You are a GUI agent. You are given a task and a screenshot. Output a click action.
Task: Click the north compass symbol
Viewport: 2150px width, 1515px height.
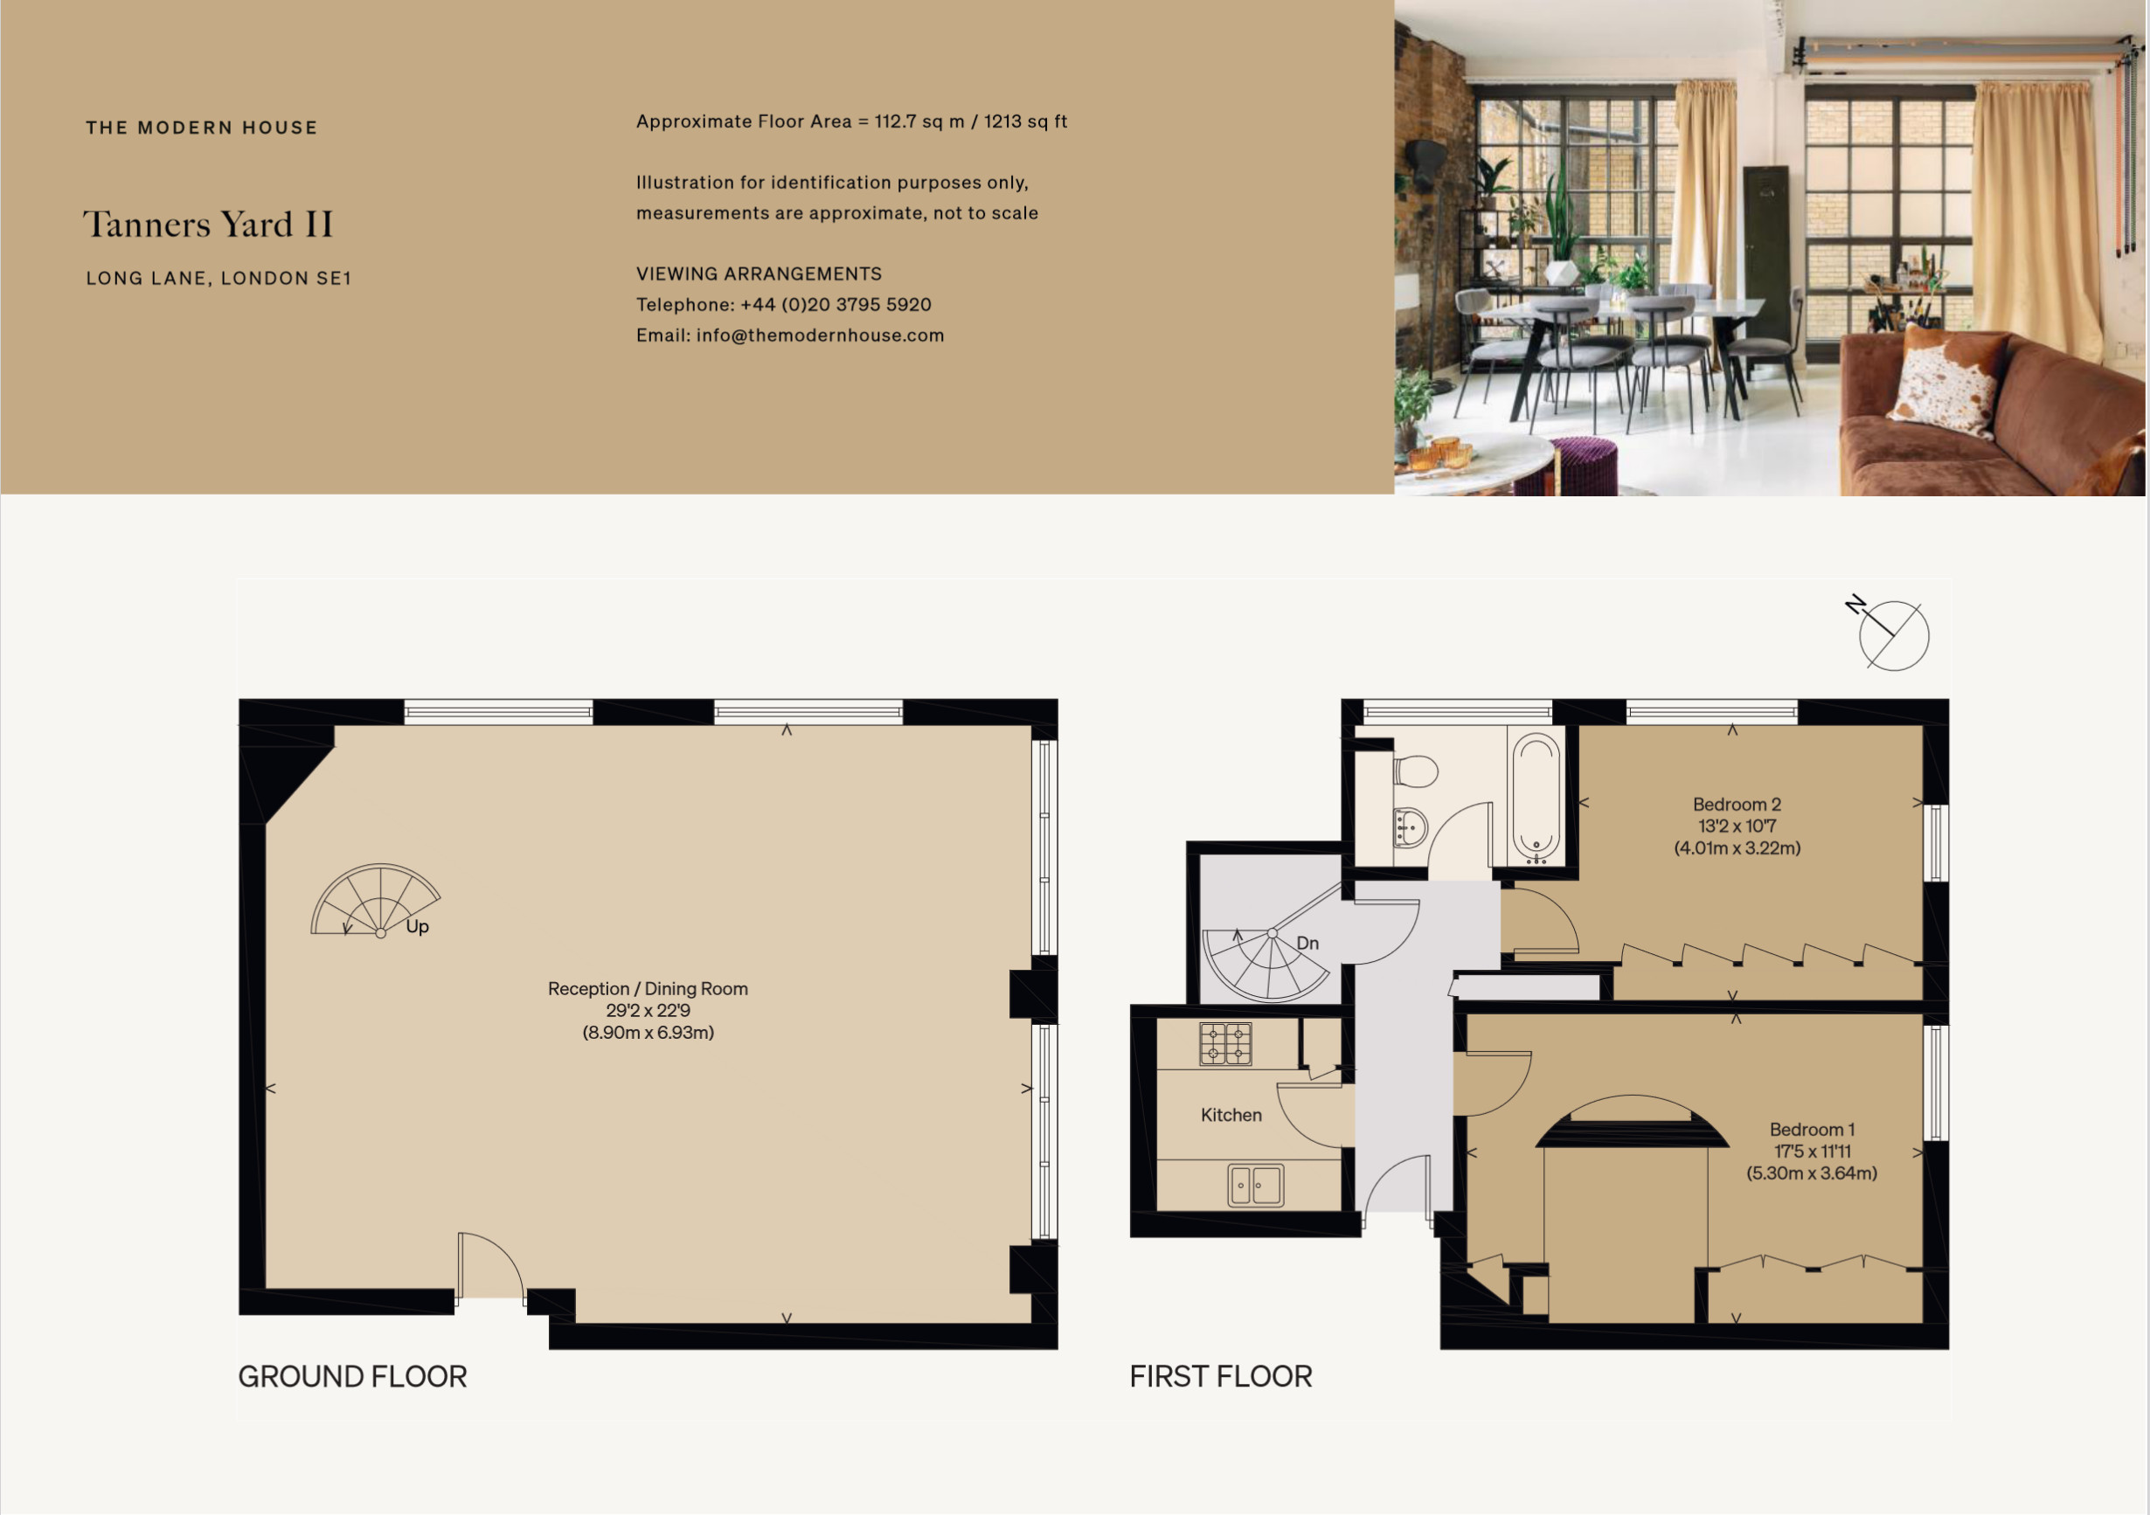click(x=1891, y=635)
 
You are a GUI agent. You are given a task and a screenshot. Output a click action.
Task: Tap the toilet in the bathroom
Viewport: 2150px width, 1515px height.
click(x=1415, y=771)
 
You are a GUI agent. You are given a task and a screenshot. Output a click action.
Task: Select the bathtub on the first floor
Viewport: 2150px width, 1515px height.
click(x=1536, y=798)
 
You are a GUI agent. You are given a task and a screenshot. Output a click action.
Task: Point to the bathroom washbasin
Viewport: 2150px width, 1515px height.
click(x=1409, y=827)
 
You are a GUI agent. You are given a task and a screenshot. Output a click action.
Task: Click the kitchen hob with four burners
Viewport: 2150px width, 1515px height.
click(x=1225, y=1044)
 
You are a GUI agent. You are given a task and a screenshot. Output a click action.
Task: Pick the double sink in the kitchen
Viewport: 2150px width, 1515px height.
click(x=1256, y=1186)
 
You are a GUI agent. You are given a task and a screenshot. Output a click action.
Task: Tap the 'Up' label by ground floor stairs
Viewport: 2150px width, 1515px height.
click(x=418, y=927)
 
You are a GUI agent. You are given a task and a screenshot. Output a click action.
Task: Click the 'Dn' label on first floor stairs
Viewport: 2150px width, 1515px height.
click(x=1307, y=943)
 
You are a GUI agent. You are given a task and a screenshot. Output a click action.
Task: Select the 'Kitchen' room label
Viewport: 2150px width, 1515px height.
click(x=1231, y=1115)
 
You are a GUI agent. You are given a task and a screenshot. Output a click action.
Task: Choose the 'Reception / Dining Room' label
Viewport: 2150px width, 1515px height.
click(x=648, y=989)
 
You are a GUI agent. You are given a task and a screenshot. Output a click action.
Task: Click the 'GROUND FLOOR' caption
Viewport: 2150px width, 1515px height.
click(x=353, y=1376)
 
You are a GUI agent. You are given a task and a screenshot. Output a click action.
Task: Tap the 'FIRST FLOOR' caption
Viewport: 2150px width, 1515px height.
click(x=1221, y=1376)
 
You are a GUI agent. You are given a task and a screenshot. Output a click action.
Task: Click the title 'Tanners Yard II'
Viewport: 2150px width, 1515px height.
click(x=208, y=225)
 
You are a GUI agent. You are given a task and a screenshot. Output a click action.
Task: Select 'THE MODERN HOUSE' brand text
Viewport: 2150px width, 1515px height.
click(x=201, y=128)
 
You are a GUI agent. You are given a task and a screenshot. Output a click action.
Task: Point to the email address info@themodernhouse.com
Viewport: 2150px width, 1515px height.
click(x=821, y=336)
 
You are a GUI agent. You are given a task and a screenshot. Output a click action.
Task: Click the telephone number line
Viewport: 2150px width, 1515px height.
click(x=784, y=304)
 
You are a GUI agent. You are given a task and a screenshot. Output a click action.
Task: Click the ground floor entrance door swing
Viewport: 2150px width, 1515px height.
click(x=490, y=1265)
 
